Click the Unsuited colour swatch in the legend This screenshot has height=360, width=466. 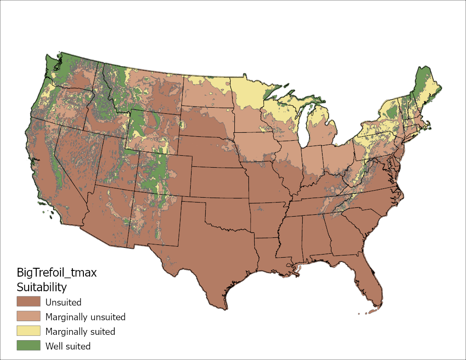[x=28, y=302]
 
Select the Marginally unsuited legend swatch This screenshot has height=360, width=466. [x=28, y=316]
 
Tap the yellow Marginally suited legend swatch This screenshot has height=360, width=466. [x=28, y=331]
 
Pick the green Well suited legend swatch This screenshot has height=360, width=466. [x=28, y=345]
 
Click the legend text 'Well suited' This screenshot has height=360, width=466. [x=68, y=346]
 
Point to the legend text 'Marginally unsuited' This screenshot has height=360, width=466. [x=85, y=317]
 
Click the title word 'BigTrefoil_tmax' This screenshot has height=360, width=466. [x=56, y=273]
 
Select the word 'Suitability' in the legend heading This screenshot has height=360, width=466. [x=41, y=287]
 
